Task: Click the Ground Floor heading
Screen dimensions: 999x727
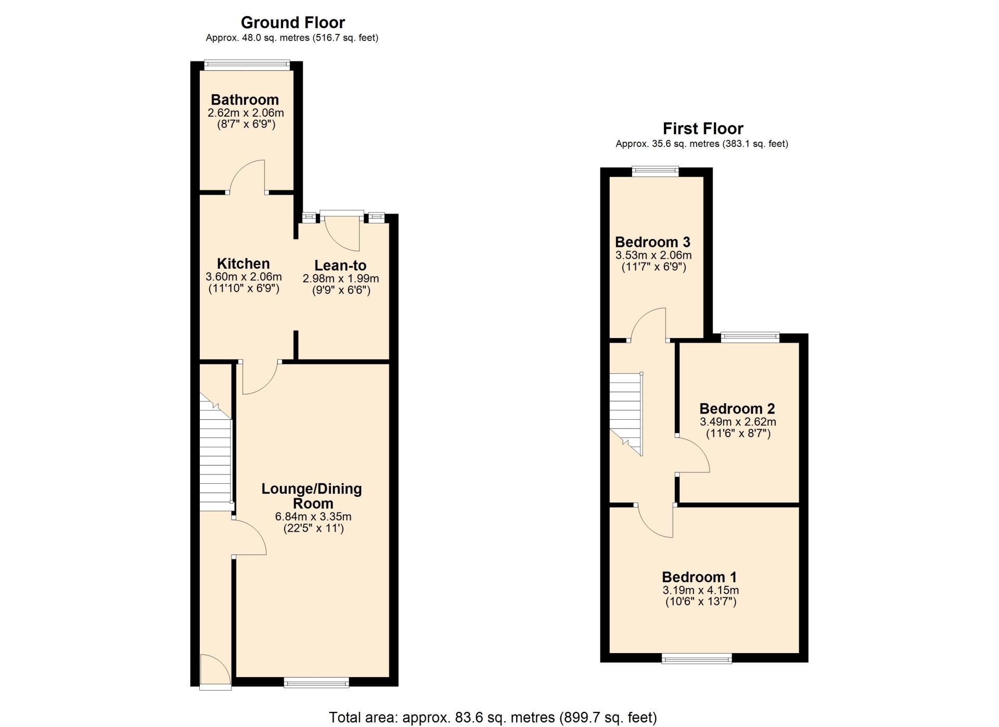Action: click(292, 22)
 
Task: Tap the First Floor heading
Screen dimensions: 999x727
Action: click(702, 129)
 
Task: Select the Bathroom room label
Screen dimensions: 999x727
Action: click(245, 99)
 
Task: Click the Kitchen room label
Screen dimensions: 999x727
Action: click(243, 264)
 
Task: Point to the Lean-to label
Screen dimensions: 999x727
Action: click(340, 266)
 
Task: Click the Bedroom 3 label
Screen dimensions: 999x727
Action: click(652, 242)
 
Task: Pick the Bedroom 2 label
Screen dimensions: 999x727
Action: click(737, 409)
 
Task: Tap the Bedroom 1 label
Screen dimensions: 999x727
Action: click(699, 577)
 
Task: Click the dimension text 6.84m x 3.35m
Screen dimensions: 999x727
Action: click(313, 517)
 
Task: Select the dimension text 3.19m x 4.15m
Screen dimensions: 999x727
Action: click(700, 590)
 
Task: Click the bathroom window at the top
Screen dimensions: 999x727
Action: click(247, 65)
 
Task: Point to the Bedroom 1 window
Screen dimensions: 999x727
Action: click(697, 659)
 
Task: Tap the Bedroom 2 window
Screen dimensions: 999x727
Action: click(750, 337)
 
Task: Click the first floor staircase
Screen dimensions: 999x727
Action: click(626, 414)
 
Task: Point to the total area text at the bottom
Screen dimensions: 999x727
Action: click(493, 718)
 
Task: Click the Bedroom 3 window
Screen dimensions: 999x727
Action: click(655, 171)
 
